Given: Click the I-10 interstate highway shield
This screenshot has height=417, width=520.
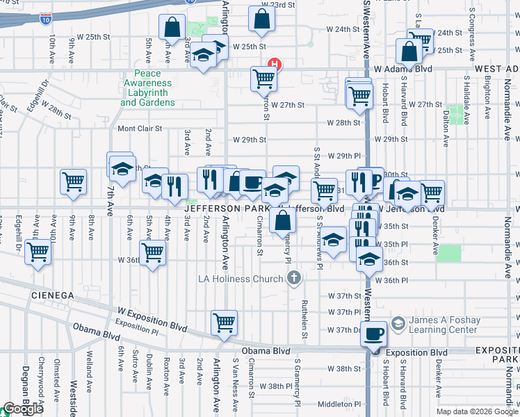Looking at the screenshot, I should tap(45, 19).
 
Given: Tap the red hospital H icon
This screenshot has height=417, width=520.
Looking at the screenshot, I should tap(276, 65).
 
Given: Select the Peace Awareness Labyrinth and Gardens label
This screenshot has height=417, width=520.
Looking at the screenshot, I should tap(147, 88).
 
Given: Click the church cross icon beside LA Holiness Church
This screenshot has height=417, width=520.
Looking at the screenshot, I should tap(294, 279).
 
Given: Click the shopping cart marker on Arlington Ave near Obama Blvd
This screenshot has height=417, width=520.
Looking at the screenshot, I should tap(224, 322).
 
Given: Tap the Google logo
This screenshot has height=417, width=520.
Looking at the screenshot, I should tap(23, 409).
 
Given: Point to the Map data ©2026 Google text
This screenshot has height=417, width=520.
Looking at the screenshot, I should tap(476, 411).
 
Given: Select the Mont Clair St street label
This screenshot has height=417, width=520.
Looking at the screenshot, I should tap(139, 129).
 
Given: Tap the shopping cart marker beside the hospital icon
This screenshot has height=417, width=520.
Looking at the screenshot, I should tap(264, 79).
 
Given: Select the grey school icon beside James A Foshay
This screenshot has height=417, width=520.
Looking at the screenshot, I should tap(398, 324).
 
